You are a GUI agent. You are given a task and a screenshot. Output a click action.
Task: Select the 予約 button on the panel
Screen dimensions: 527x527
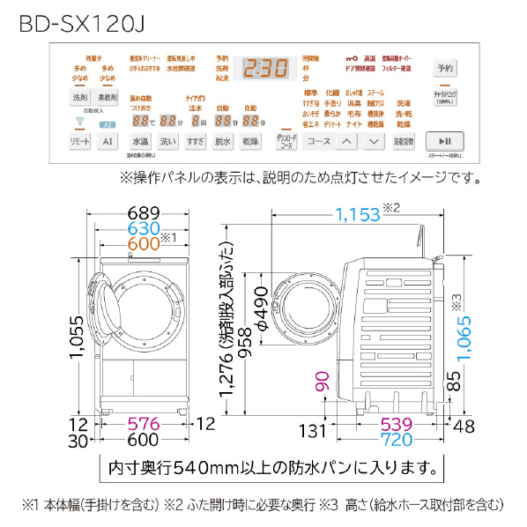pos(445,69)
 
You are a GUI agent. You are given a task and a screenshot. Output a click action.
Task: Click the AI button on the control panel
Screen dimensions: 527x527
pos(108,141)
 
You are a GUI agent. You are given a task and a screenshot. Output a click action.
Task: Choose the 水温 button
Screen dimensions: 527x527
pos(141,141)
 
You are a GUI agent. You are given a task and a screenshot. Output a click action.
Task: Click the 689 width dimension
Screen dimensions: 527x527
pos(141,213)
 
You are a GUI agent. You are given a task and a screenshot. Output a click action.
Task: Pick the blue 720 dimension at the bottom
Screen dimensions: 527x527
pos(402,438)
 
